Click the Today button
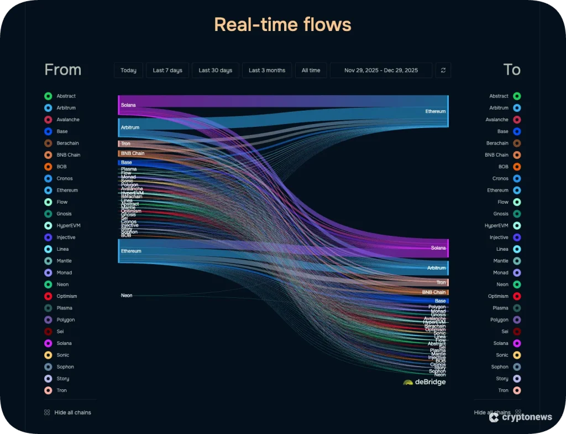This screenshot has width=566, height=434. [x=128, y=70]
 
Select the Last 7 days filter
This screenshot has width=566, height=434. [x=167, y=70]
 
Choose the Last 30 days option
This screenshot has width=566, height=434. [x=216, y=70]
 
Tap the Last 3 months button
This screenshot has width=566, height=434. [x=267, y=70]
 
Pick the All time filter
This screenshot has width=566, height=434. [x=311, y=70]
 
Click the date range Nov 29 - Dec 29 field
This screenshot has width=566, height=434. [x=381, y=70]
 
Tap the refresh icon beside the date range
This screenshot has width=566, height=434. [x=443, y=70]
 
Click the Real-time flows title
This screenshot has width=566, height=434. [x=282, y=25]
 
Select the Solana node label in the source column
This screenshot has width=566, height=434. [x=128, y=105]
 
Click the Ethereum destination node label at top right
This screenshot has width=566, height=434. [x=435, y=111]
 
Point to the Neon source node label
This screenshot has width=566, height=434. [x=127, y=296]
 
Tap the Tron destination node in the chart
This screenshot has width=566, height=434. [x=441, y=282]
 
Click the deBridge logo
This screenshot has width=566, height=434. [x=424, y=382]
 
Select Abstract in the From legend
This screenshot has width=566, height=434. [x=66, y=96]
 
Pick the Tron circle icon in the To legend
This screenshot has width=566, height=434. [x=517, y=390]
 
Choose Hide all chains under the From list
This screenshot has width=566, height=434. [x=72, y=412]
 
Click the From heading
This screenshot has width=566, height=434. [x=62, y=70]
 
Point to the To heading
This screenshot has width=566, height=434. [x=511, y=70]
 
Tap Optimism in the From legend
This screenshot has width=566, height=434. [x=66, y=296]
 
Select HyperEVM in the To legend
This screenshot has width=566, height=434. [x=496, y=226]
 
